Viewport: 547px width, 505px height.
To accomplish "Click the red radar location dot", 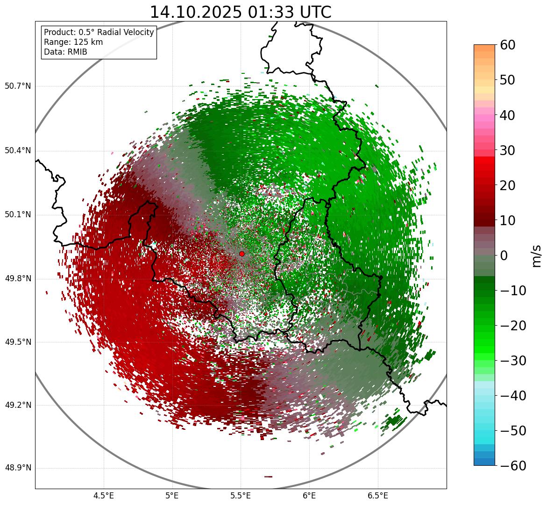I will pos(242,254).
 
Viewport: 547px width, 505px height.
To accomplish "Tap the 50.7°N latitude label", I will pos(18,86).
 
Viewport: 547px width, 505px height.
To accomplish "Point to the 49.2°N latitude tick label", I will pos(18,405).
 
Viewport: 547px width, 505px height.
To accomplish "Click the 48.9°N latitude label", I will pos(18,468).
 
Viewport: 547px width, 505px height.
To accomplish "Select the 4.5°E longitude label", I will pos(104,496).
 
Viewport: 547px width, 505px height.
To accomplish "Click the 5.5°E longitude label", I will pos(241,496).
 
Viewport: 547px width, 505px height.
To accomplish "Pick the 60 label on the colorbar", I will pos(508,45).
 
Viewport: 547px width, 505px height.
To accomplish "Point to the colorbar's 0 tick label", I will pos(504,256).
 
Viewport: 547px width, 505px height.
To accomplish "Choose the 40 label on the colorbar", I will pos(508,115).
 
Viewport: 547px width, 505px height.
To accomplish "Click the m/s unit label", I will pos(537,255).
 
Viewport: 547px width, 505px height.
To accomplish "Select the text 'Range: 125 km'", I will pos(73,42).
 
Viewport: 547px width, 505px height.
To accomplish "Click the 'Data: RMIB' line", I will pos(65,52).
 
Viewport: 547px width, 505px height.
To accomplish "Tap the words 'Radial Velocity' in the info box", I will pos(126,32).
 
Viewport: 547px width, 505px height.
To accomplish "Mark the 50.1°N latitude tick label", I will pos(18,215).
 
